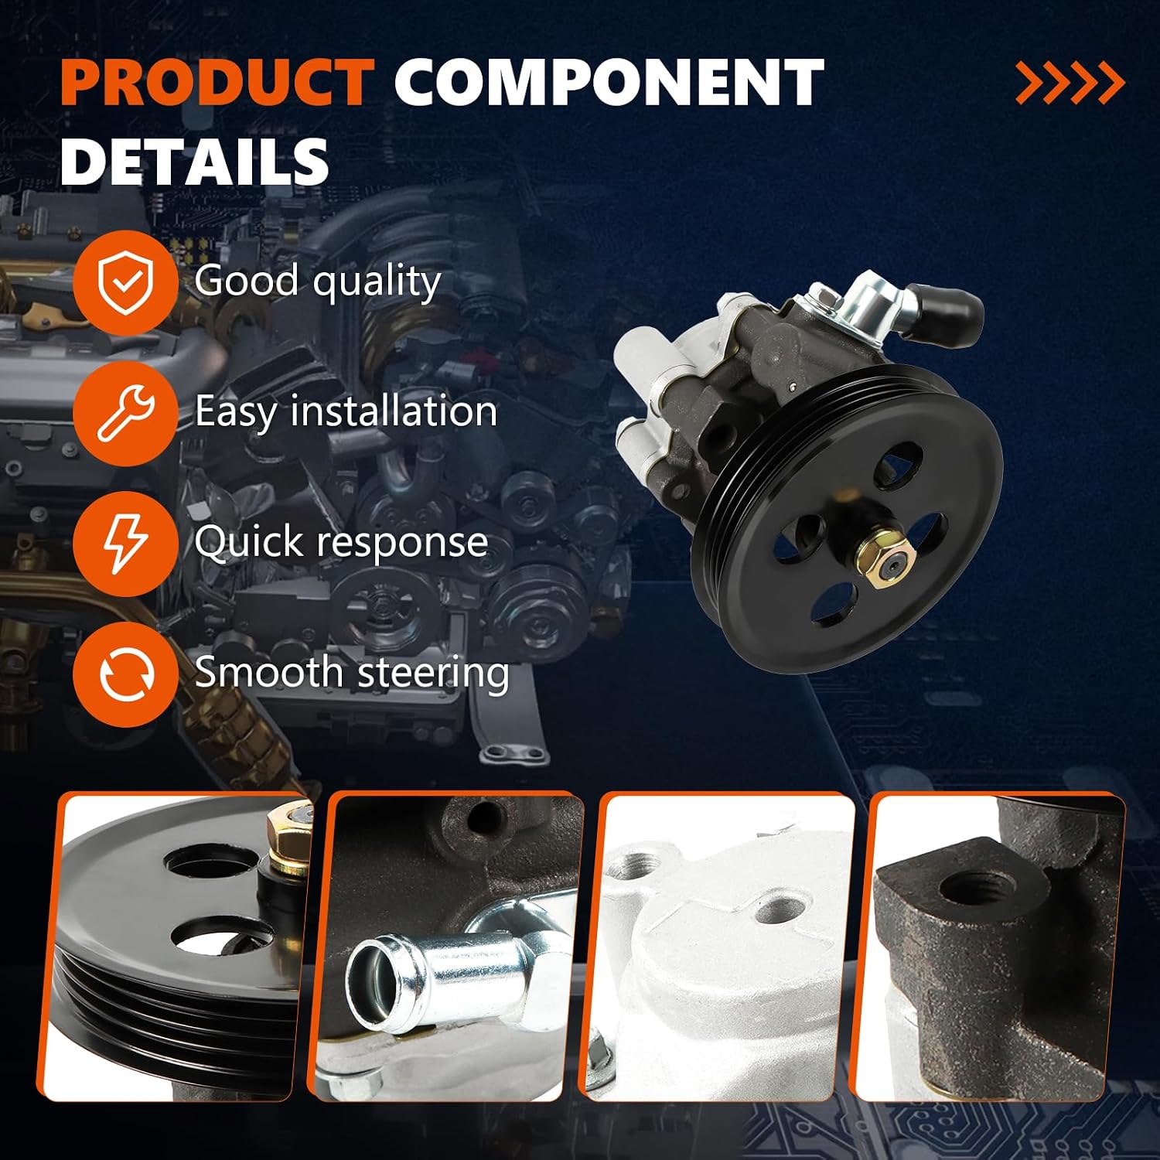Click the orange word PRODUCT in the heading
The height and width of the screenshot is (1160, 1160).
point(217,82)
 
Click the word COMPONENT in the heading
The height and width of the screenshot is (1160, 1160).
point(609,82)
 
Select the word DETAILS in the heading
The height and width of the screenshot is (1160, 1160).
point(195,161)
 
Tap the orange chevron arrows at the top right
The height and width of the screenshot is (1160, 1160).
point(1070,83)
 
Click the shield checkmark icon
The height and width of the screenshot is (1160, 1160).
point(126,282)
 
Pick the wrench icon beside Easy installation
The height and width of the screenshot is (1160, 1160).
point(126,413)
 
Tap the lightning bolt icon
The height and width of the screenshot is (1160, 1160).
point(126,544)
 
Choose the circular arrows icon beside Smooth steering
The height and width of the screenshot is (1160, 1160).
point(126,674)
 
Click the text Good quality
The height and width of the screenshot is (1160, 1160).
point(318,281)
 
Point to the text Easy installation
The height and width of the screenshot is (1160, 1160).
point(346,411)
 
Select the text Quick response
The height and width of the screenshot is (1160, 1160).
point(341,541)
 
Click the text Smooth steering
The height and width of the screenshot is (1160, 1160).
point(352,671)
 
